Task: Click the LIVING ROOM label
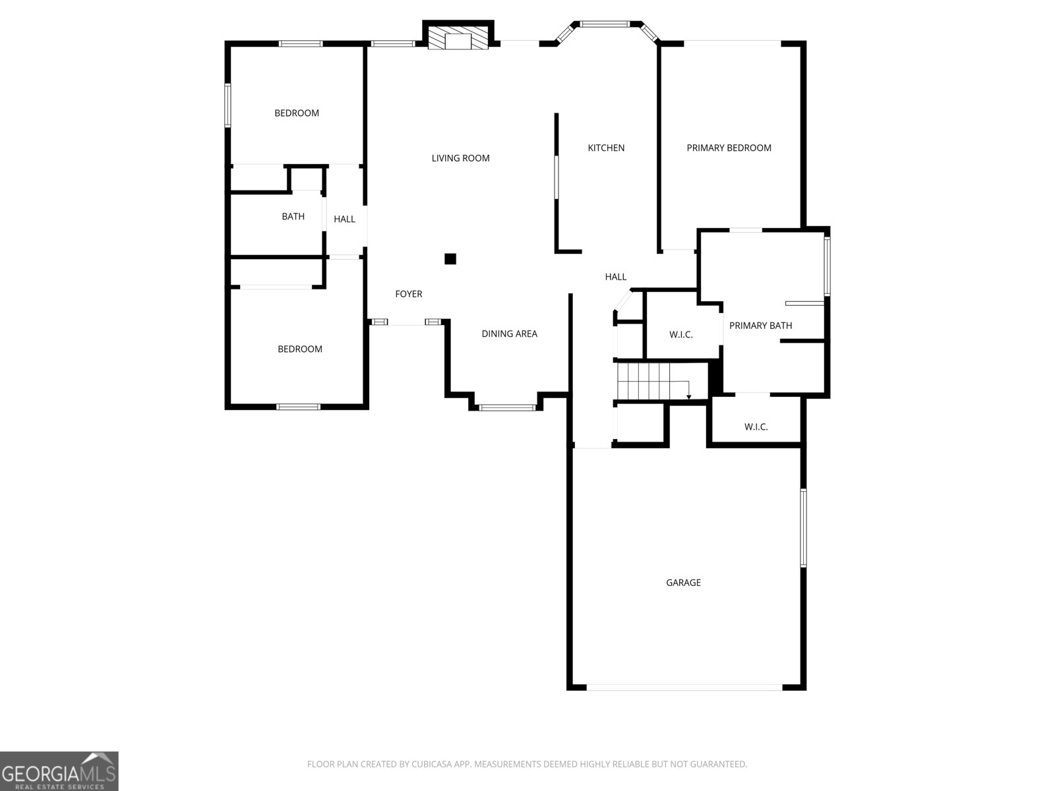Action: (x=460, y=158)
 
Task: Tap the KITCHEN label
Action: (x=606, y=148)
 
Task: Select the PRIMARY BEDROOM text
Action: (x=729, y=148)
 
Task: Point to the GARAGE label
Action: (x=683, y=583)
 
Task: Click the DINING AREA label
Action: (x=510, y=334)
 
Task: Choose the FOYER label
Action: (x=409, y=294)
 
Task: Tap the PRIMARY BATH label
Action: (x=760, y=326)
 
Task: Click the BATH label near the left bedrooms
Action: (x=293, y=217)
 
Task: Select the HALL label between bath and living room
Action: (x=344, y=219)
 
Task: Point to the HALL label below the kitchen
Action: (x=616, y=277)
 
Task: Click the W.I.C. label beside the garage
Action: (x=756, y=426)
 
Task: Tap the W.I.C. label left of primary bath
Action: (x=681, y=334)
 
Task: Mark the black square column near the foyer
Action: (x=450, y=259)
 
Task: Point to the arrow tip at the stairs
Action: (x=689, y=397)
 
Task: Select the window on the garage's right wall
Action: (x=803, y=528)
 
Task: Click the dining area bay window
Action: (x=507, y=408)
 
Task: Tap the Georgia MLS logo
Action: (x=59, y=771)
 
